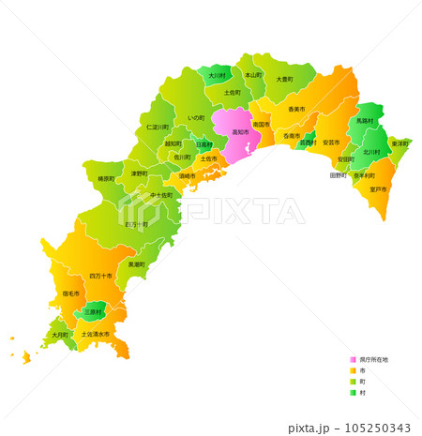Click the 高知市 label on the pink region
click(x=242, y=133)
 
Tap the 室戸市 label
click(x=377, y=189)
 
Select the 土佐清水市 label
click(x=95, y=334)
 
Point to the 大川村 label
click(x=218, y=74)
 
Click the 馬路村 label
click(x=364, y=121)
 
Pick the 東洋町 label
click(x=399, y=143)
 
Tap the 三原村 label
click(x=93, y=311)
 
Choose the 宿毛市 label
click(x=71, y=293)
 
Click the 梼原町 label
click(x=105, y=178)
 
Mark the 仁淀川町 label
click(x=158, y=126)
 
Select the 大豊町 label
click(x=285, y=80)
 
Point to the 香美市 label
click(x=295, y=110)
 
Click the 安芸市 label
click(x=330, y=143)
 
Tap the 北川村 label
click(x=372, y=152)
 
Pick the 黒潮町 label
click(x=137, y=264)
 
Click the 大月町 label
click(x=60, y=334)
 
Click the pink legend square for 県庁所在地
click(x=353, y=359)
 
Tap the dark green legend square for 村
click(x=353, y=393)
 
